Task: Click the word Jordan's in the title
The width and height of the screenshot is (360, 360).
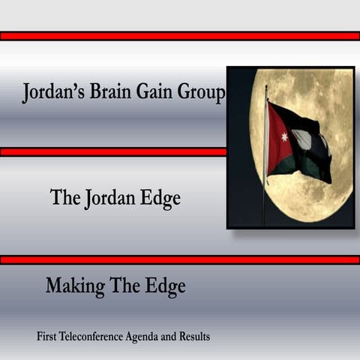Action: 55,94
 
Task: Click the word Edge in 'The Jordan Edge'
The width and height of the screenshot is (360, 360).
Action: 160,199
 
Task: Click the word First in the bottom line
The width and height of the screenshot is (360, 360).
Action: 48,337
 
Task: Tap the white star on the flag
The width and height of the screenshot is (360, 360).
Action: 284,137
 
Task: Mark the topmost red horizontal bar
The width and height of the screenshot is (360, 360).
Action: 180,35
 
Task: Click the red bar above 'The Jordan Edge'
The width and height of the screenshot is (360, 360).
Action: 112,151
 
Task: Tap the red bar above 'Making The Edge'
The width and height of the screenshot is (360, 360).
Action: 180,259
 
